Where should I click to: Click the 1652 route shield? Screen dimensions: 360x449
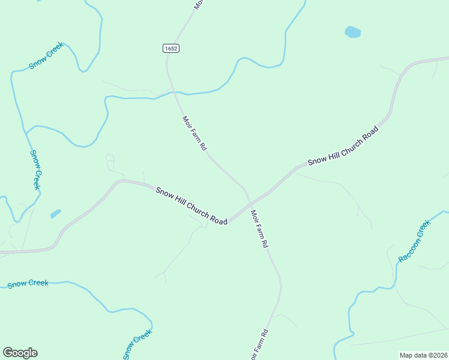coord(171,48)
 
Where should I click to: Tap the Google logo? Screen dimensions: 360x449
coord(20,353)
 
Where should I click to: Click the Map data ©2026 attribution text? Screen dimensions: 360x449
coord(423,355)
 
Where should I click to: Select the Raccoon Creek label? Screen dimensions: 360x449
coord(414,241)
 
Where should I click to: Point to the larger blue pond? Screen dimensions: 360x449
coord(353,32)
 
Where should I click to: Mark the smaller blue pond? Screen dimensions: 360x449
coord(56,213)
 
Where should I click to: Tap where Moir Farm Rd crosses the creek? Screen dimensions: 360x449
coord(175,94)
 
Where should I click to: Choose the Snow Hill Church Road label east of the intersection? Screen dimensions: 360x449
coord(343,146)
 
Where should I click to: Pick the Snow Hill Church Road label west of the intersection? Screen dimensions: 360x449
coord(191,206)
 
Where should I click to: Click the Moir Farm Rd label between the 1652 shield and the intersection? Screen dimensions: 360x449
coord(194,133)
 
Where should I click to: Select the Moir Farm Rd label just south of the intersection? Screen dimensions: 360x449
coord(259,229)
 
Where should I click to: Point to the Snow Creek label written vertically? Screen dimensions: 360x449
coord(35,170)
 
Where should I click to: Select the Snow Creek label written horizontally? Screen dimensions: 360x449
coord(28,283)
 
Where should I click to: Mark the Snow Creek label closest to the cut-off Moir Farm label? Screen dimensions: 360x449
coord(138,345)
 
